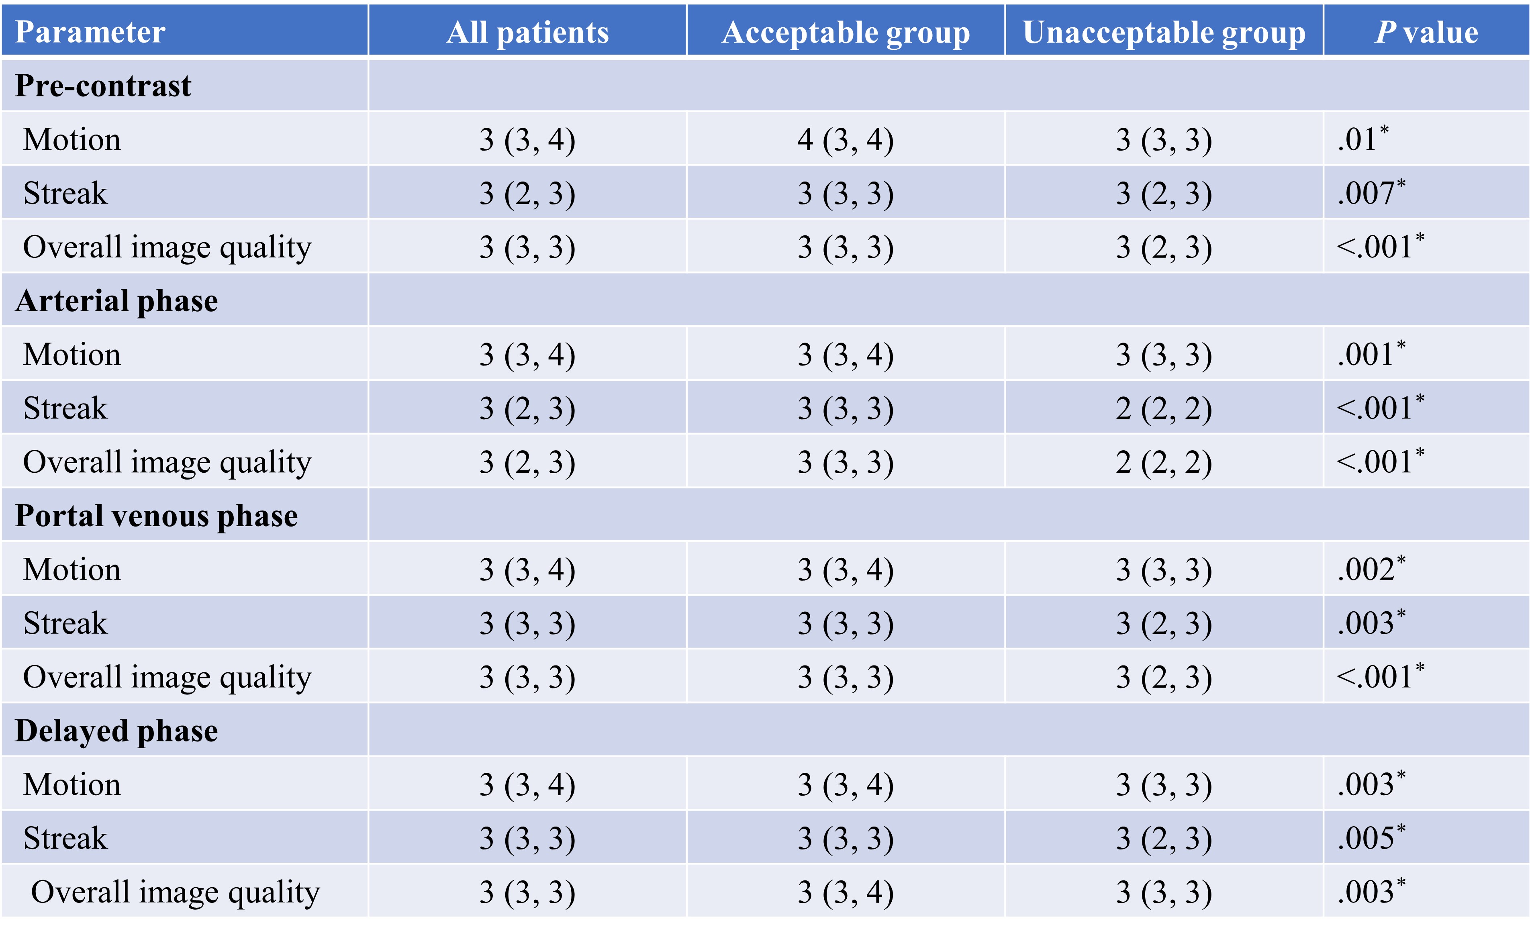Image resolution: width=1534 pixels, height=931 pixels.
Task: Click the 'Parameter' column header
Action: pyautogui.click(x=90, y=33)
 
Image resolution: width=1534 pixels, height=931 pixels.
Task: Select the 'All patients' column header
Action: pyautogui.click(x=527, y=33)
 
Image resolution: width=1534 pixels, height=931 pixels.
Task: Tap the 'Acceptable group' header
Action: pyautogui.click(x=846, y=33)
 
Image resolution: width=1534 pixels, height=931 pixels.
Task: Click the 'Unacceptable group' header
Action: pyautogui.click(x=1164, y=33)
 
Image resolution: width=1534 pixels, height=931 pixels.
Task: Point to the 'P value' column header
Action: pyautogui.click(x=1426, y=33)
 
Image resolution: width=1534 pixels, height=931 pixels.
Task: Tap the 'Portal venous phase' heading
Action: pyautogui.click(x=156, y=516)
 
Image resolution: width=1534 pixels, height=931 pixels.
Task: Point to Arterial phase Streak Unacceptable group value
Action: pyautogui.click(x=1164, y=408)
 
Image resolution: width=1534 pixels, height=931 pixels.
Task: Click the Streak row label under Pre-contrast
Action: pyautogui.click(x=65, y=192)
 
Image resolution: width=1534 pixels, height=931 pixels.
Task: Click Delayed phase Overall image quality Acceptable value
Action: pyautogui.click(x=846, y=892)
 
